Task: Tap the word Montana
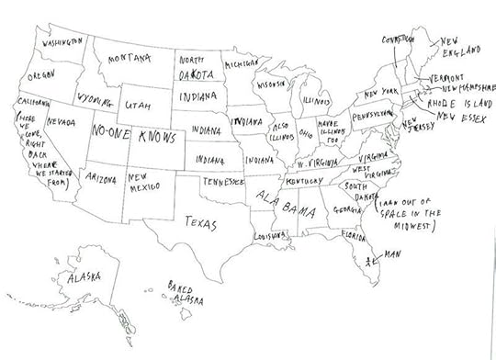[x=129, y=59]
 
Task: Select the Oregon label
[x=41, y=74]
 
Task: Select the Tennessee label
[x=224, y=183]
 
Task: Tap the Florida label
[x=353, y=236]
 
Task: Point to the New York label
[x=379, y=94]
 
